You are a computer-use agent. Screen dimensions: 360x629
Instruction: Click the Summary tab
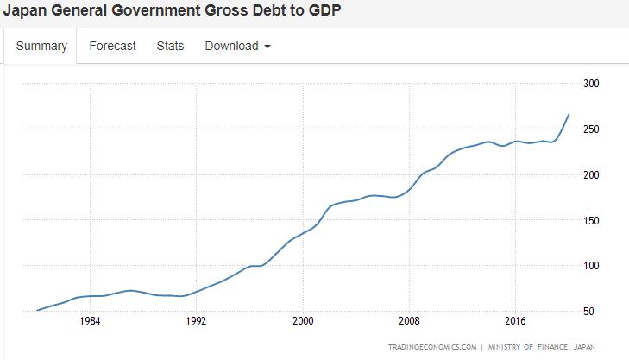(x=41, y=47)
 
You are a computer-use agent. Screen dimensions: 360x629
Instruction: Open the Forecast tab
(x=112, y=47)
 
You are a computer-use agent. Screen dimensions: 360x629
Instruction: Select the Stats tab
(x=170, y=47)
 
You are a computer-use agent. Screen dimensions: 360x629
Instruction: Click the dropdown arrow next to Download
(x=267, y=47)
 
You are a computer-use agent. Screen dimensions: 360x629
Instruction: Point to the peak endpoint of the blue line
(x=569, y=114)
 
